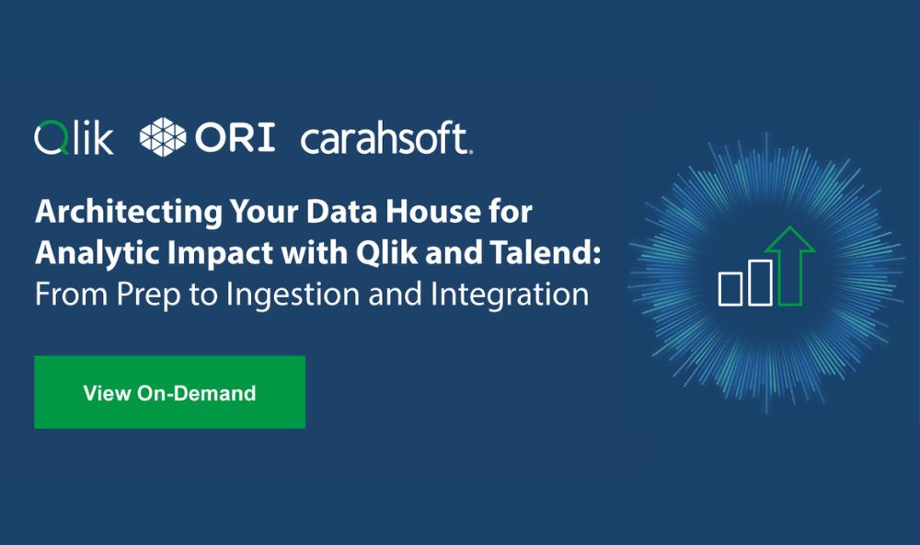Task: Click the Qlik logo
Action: tap(74, 138)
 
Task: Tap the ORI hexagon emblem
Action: tap(163, 137)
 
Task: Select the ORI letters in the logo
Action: tap(235, 137)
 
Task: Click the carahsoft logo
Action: tap(386, 138)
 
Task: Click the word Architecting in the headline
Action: tap(129, 212)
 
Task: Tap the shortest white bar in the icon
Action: tap(730, 288)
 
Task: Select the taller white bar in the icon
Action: tap(761, 283)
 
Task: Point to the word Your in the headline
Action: tap(264, 211)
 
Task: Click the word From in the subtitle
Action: tap(72, 295)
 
